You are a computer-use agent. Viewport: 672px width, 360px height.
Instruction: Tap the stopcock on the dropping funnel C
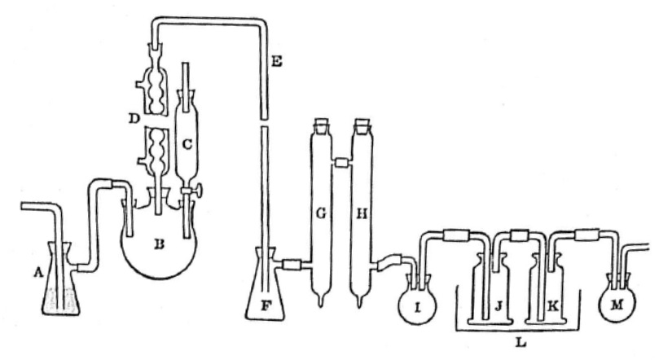pyautogui.click(x=196, y=193)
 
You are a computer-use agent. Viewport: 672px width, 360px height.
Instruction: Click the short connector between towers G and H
pyautogui.click(x=340, y=164)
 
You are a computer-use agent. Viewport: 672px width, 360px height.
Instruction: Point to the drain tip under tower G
pyautogui.click(x=321, y=303)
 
